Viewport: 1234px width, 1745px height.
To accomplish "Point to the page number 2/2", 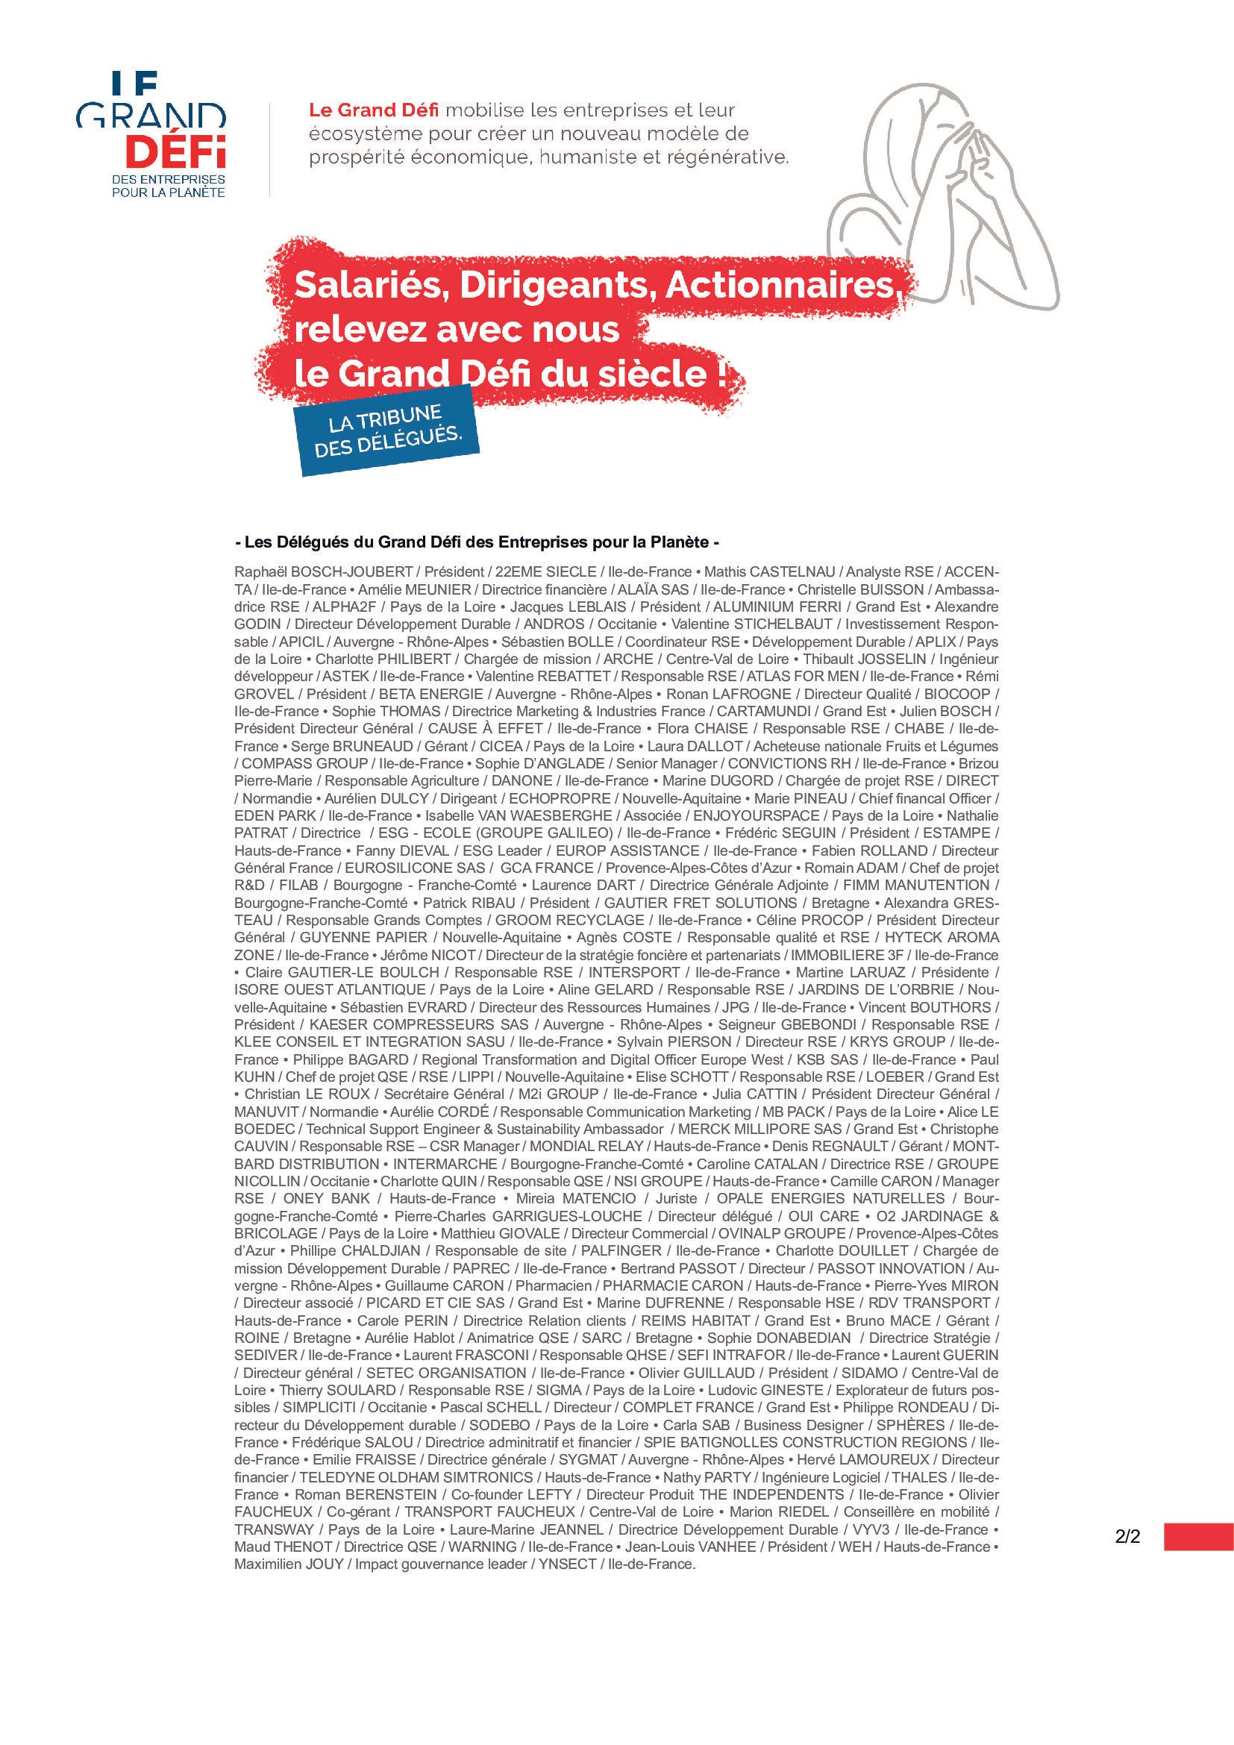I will pyautogui.click(x=1127, y=1537).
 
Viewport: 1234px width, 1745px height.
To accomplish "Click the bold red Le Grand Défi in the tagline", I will pyautogui.click(x=374, y=111).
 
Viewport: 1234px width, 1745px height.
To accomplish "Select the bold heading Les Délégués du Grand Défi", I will pyautogui.click(x=477, y=542).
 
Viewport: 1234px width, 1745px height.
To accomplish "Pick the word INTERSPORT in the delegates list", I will pyautogui.click(x=633, y=972).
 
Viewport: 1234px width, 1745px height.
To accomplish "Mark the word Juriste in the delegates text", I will pyautogui.click(x=675, y=1199).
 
